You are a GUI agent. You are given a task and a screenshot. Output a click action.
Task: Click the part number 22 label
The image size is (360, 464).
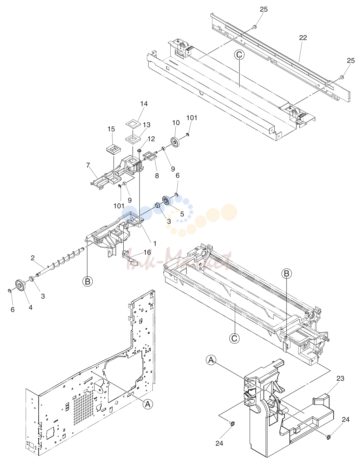303,38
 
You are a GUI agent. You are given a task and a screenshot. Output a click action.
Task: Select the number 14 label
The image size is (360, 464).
144,104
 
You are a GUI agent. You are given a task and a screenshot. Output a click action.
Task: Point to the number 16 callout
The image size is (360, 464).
147,253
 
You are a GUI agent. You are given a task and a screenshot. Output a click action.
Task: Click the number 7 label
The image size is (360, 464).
88,165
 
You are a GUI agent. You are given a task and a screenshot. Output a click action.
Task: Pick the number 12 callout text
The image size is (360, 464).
151,139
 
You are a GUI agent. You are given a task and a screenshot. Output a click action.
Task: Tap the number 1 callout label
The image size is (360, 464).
155,243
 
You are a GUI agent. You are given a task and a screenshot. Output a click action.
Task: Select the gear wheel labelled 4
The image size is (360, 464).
21,285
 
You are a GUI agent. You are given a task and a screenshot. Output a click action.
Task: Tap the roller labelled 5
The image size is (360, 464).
167,200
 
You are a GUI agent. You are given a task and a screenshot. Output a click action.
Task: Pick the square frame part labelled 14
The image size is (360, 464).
133,124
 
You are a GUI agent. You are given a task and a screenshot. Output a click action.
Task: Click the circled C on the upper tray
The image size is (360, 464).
239,55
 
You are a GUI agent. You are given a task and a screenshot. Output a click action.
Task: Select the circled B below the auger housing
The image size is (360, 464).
87,281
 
